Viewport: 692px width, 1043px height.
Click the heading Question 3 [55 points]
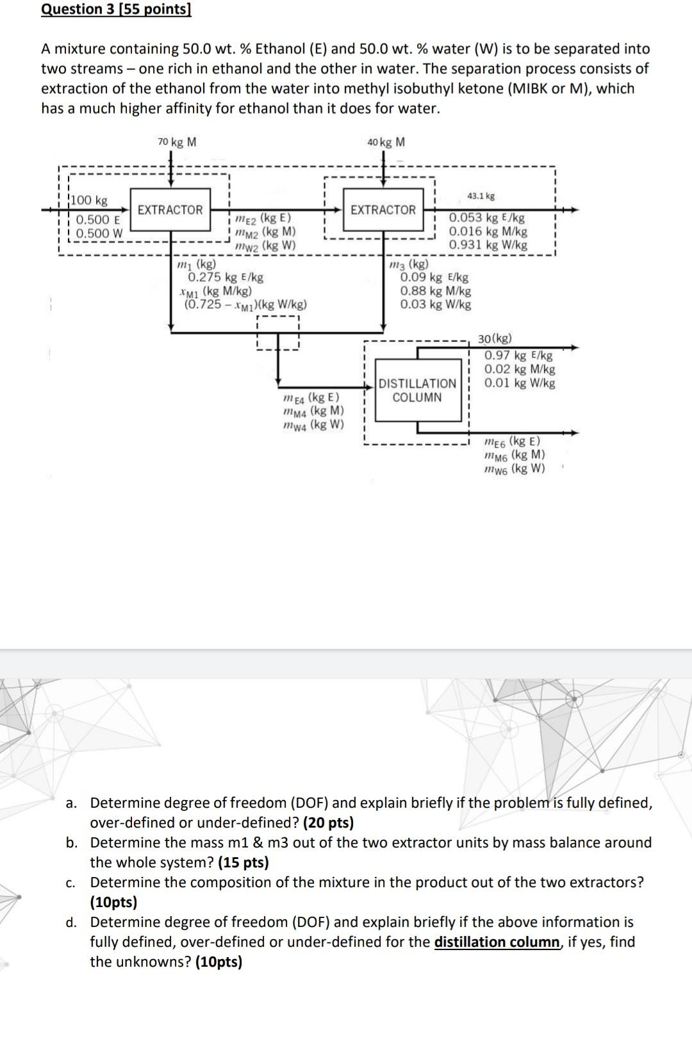pyautogui.click(x=116, y=10)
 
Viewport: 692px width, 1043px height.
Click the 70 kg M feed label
pyautogui.click(x=177, y=142)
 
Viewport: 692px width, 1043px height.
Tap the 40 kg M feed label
pyautogui.click(x=386, y=142)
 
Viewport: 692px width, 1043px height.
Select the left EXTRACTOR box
pyautogui.click(x=170, y=210)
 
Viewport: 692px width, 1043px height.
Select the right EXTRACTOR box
pyautogui.click(x=383, y=210)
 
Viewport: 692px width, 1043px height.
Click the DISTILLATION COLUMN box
pyautogui.click(x=417, y=390)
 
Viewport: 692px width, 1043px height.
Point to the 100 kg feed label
pyautogui.click(x=90, y=201)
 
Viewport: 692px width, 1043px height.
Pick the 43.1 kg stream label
pyautogui.click(x=481, y=196)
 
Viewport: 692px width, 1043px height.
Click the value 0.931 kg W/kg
pyautogui.click(x=488, y=245)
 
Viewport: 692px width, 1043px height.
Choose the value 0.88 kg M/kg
pyautogui.click(x=435, y=291)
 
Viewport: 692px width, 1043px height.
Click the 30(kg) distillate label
pyautogui.click(x=495, y=338)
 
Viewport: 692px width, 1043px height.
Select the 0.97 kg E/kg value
pyautogui.click(x=518, y=355)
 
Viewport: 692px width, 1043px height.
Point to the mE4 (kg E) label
pyautogui.click(x=311, y=397)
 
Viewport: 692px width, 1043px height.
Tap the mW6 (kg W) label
pyautogui.click(x=514, y=469)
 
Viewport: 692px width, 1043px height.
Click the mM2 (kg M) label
pyautogui.click(x=265, y=232)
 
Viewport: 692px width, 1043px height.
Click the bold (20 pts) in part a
pyautogui.click(x=328, y=822)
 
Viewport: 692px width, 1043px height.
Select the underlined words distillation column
pyautogui.click(x=497, y=942)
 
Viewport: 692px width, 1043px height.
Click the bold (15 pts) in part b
pyautogui.click(x=243, y=862)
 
